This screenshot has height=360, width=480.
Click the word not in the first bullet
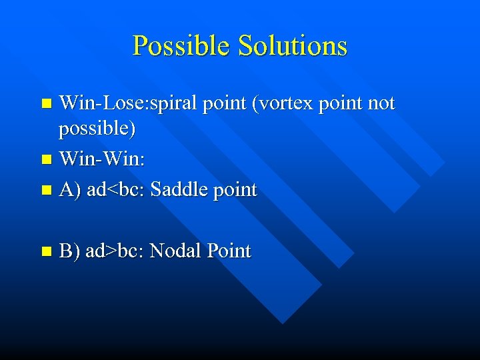[x=381, y=104]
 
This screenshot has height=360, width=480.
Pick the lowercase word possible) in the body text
[x=97, y=129]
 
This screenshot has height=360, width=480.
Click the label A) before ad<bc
[x=69, y=190]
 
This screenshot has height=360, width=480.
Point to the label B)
[x=69, y=251]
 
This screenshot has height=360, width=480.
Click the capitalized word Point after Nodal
[x=229, y=251]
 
